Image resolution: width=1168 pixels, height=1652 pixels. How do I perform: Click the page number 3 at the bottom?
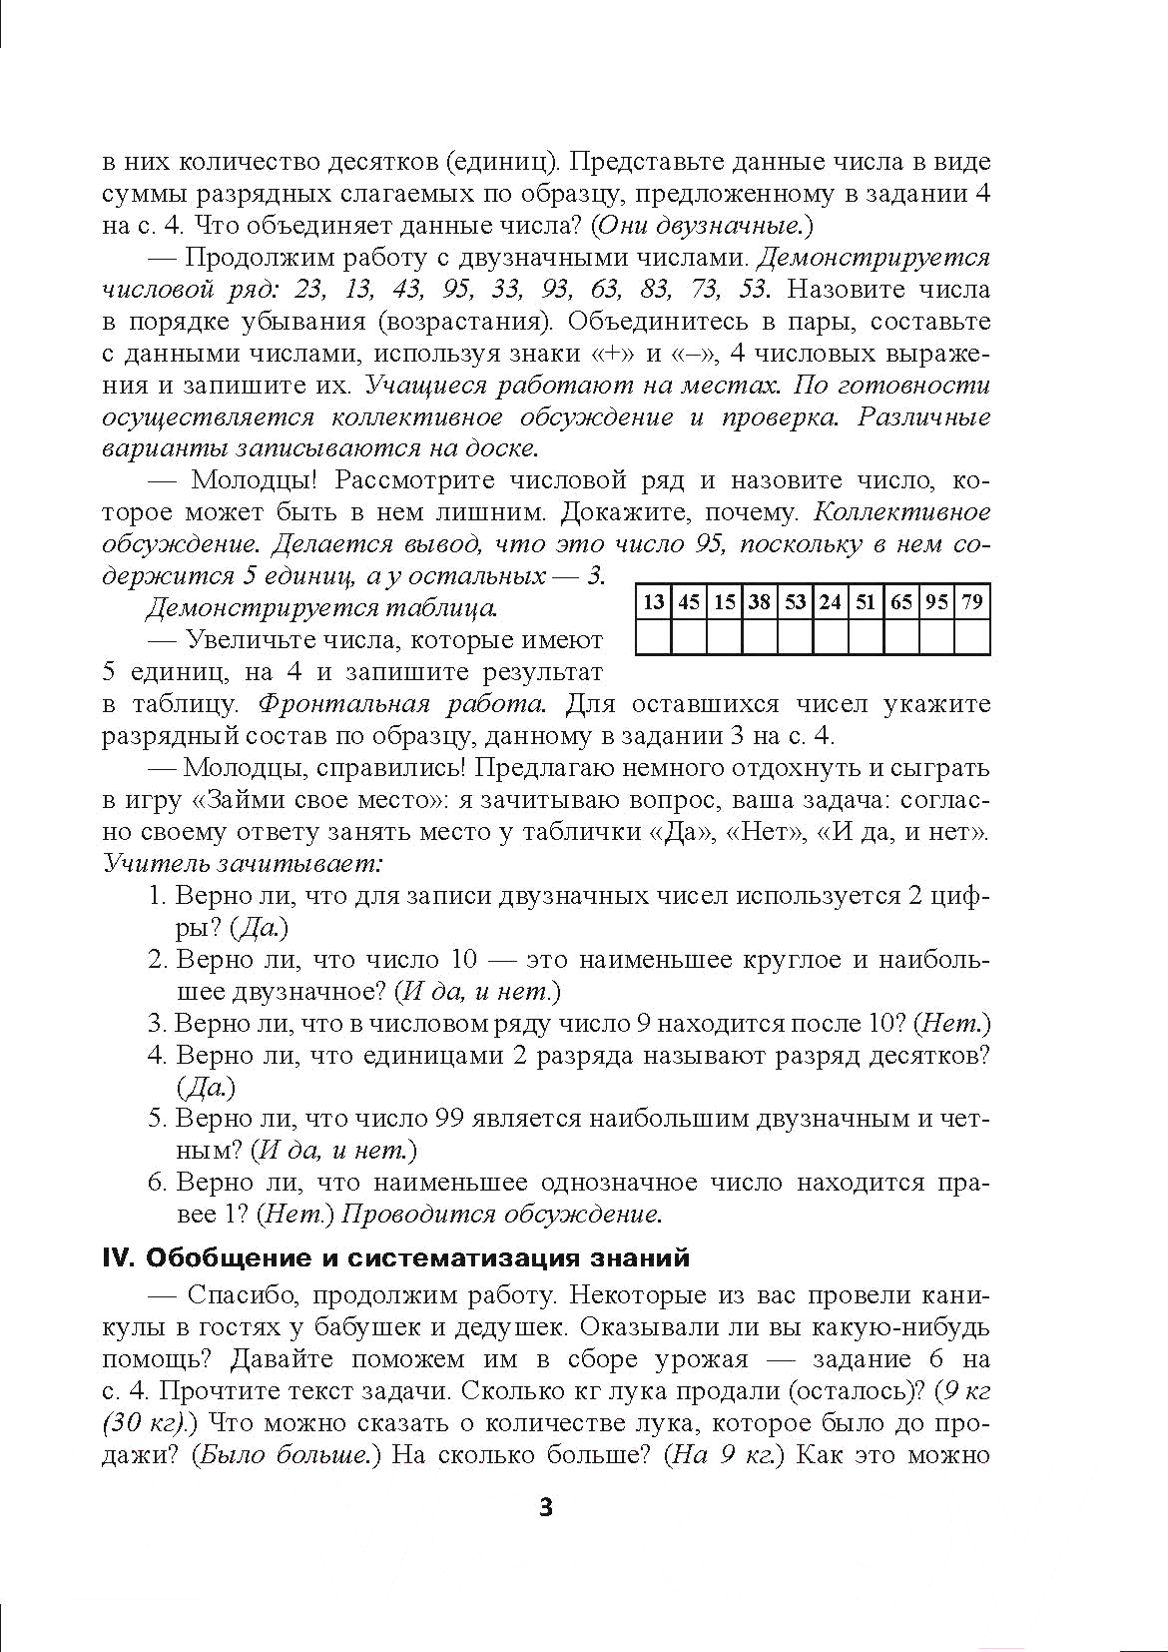coord(545,1507)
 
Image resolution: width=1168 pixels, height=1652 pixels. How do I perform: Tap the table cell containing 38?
coord(760,602)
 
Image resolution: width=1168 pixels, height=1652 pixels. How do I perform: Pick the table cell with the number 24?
coord(831,602)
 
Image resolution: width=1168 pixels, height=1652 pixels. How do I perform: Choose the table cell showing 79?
coord(972,602)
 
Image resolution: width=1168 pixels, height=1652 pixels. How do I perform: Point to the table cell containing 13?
coord(654,602)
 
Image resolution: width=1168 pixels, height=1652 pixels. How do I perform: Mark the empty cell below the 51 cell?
coord(866,636)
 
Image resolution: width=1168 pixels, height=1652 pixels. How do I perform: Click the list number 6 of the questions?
coord(156,1184)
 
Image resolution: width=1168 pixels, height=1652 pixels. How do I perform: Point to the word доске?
coord(502,448)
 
